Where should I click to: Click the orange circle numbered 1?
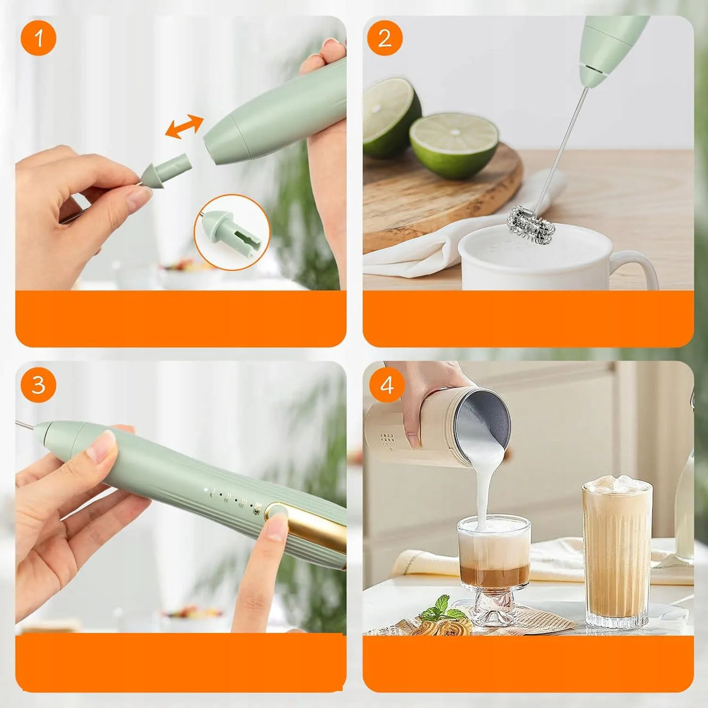click(38, 38)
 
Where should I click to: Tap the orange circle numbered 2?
click(385, 38)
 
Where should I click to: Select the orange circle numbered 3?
click(38, 385)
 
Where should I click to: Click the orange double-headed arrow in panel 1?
click(184, 127)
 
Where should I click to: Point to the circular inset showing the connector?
click(232, 232)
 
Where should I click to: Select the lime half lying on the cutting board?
click(454, 145)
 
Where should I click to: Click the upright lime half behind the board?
click(392, 117)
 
